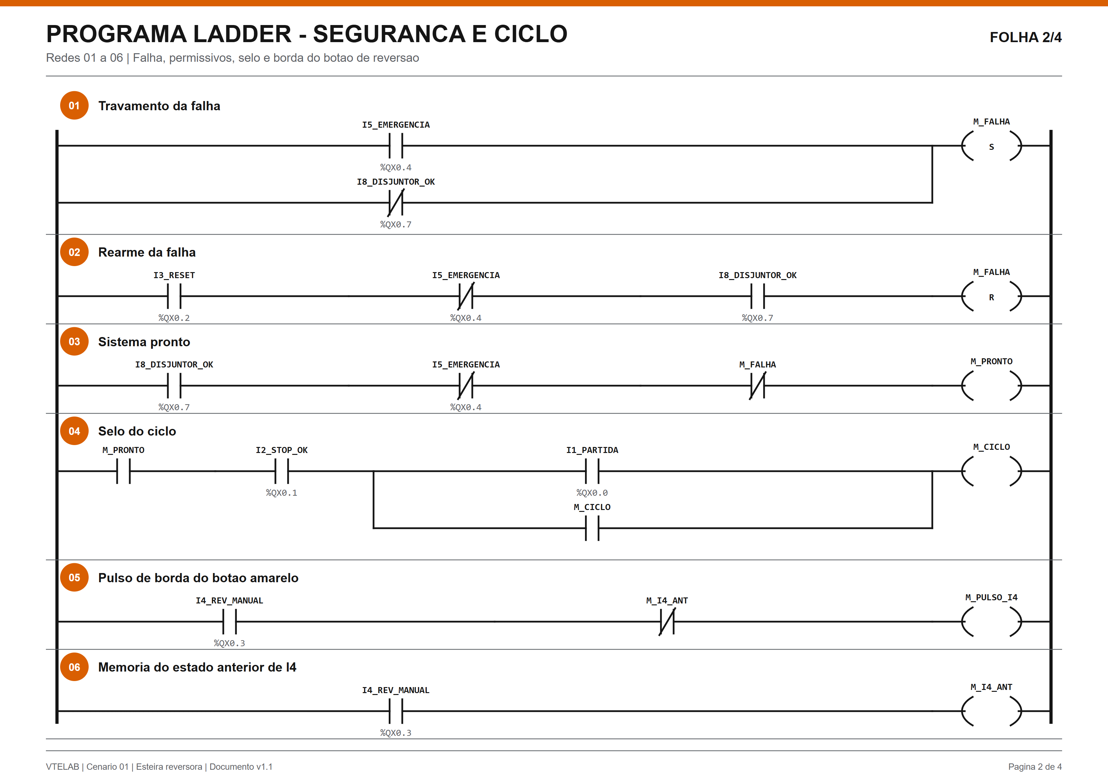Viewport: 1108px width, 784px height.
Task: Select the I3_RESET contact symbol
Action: (x=174, y=296)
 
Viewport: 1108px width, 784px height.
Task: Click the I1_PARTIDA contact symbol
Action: (x=592, y=471)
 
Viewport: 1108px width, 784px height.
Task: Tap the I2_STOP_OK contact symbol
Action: (x=282, y=471)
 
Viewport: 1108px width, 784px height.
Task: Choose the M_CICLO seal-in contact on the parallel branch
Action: (x=592, y=528)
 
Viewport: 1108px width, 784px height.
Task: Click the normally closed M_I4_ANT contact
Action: (x=667, y=622)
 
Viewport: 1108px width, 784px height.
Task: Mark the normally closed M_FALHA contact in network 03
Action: (x=758, y=386)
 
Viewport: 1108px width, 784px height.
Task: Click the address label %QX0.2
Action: (x=174, y=318)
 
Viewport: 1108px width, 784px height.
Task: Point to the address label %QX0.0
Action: (x=592, y=493)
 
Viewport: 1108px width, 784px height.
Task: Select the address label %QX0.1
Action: (x=282, y=493)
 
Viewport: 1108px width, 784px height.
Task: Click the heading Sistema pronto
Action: (x=144, y=342)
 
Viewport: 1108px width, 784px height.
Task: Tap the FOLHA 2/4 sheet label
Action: (x=1025, y=37)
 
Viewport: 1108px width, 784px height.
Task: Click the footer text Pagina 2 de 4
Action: (x=1035, y=767)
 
